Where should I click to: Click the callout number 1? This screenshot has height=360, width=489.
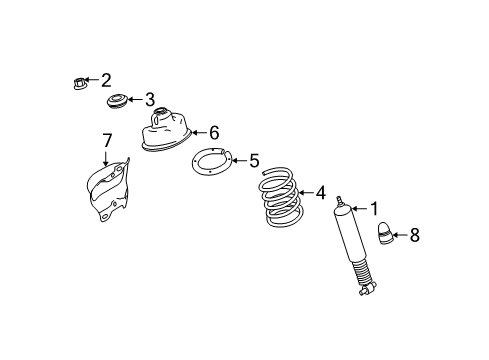coord(374,209)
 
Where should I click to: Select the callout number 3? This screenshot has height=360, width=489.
coord(150,99)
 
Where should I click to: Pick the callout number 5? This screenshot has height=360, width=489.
coord(254,159)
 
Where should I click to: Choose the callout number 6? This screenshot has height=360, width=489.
coord(212,131)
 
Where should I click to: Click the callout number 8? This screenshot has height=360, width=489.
coord(415,237)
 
